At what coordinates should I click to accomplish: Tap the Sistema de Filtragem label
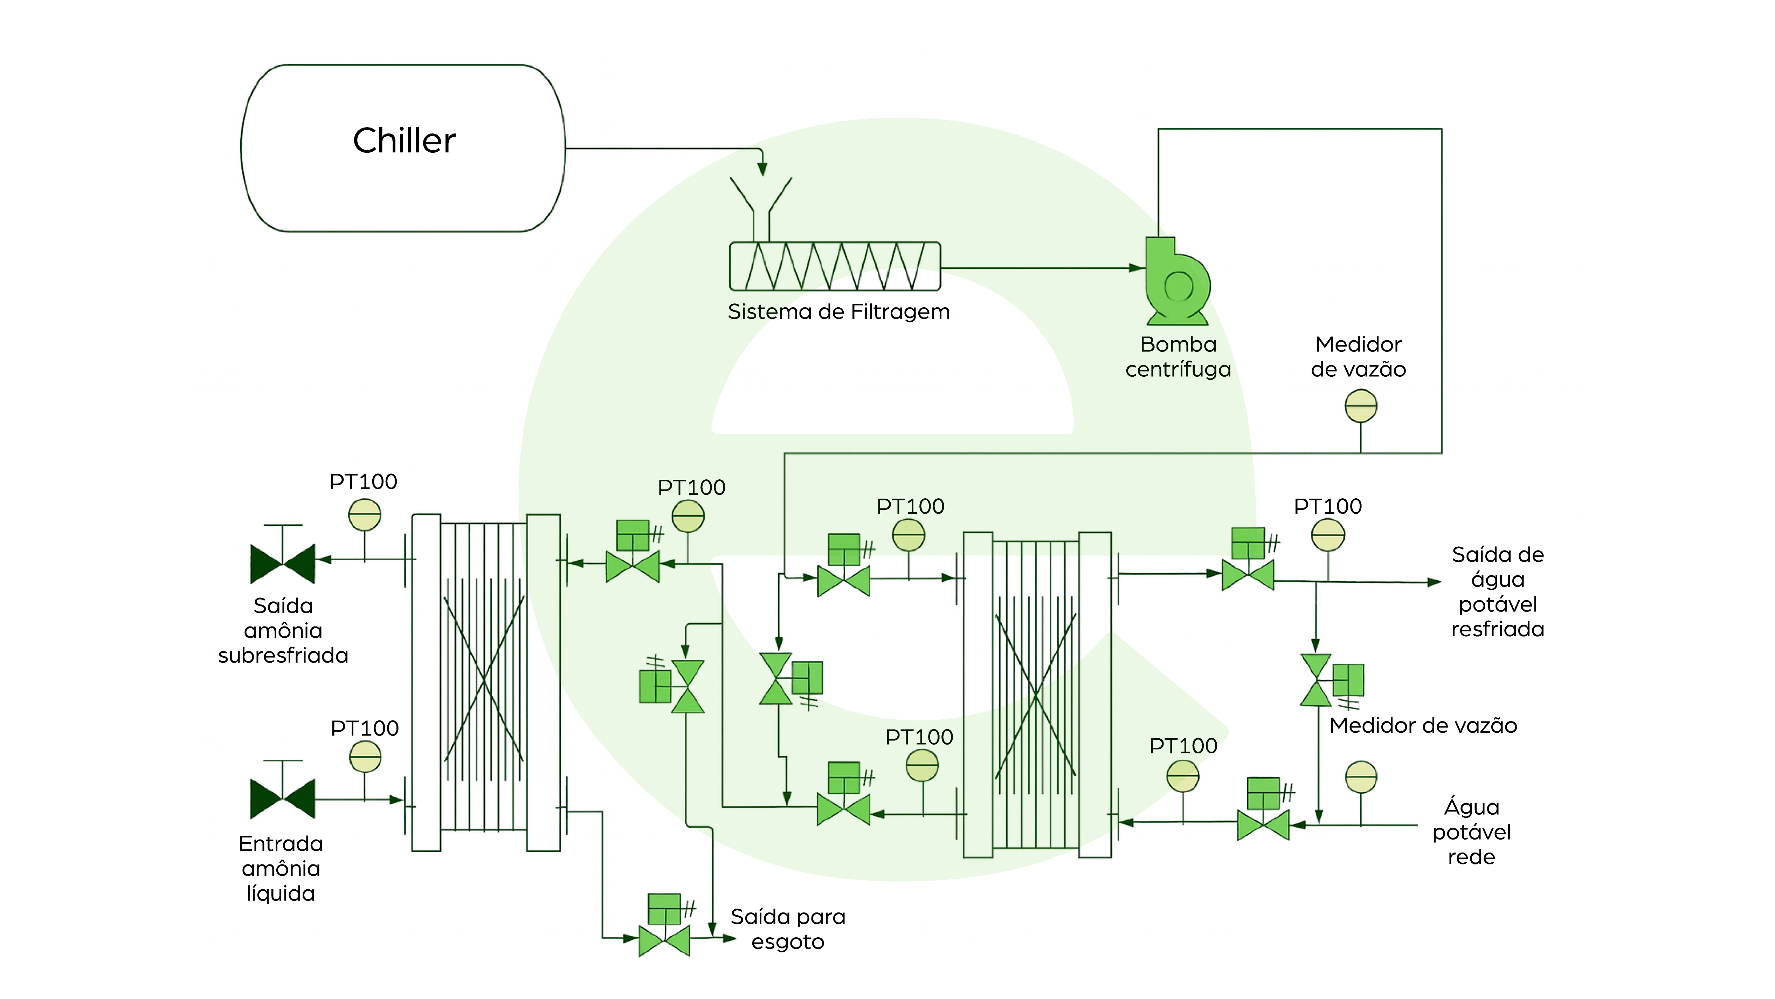coord(838,312)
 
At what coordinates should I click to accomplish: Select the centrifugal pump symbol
coord(1177,283)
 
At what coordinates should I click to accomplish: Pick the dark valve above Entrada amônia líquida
coord(283,798)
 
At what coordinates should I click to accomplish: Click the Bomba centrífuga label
coord(1177,356)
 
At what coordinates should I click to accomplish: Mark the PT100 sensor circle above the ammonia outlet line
coord(365,515)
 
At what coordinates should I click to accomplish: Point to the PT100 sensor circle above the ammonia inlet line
coord(365,757)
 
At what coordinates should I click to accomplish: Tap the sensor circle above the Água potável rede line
coord(1361,777)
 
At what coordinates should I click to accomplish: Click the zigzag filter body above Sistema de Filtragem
coord(835,266)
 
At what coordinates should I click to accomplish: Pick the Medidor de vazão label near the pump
coord(1358,356)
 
